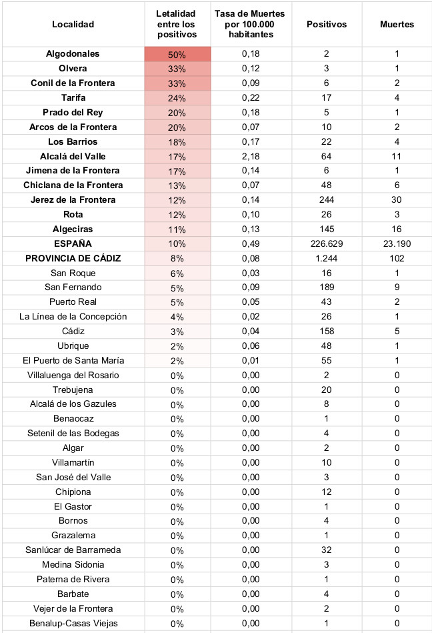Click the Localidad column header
(x=73, y=25)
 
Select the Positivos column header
(x=327, y=25)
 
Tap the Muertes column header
(x=397, y=25)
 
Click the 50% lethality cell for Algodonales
(x=177, y=55)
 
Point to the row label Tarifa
(x=73, y=98)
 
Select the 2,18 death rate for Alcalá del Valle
(x=253, y=157)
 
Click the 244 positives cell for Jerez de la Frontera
(x=327, y=200)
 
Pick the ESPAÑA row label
(x=73, y=244)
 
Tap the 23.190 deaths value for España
(x=397, y=244)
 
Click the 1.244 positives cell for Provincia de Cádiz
(x=327, y=259)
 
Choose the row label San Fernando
(x=73, y=287)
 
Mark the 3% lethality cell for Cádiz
(x=177, y=332)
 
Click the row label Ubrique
(x=73, y=346)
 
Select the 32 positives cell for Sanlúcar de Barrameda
(x=327, y=550)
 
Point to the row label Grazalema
(x=73, y=536)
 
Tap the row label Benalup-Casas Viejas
(x=73, y=623)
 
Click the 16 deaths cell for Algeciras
(x=397, y=229)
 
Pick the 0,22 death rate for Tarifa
(x=253, y=98)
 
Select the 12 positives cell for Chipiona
(x=327, y=492)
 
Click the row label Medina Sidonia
(x=73, y=565)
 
